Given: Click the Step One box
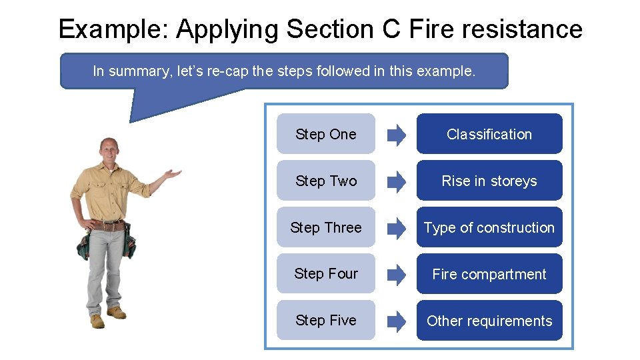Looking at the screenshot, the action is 325,134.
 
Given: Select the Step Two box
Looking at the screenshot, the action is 325,181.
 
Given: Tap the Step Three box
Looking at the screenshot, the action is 325,227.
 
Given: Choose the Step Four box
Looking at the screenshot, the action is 325,274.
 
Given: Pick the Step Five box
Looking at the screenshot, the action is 325,321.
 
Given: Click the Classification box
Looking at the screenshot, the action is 489,134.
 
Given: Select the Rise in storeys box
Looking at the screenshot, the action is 489,181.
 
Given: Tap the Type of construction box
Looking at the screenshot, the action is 489,227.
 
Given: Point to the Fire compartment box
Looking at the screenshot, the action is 489,274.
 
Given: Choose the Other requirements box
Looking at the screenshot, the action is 489,321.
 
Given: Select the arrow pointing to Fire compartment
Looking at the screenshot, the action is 396,275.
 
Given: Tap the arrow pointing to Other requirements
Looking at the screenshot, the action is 396,321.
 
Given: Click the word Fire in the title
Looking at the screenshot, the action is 425,29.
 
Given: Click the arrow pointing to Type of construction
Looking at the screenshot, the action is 396,228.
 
